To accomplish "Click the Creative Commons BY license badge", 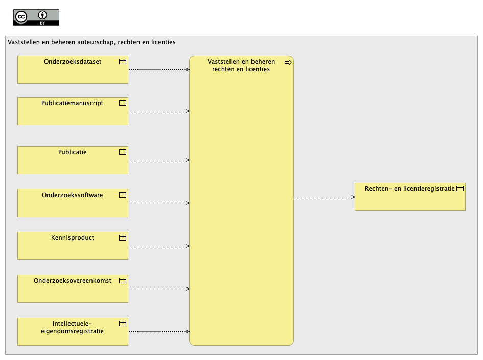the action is tap(36, 17).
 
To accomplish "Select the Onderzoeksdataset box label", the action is tap(73, 62).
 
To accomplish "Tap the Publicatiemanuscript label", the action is tap(73, 103).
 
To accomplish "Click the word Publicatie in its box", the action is tap(73, 152).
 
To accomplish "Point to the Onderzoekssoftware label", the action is tap(73, 195).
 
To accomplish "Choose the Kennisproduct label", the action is tap(73, 238).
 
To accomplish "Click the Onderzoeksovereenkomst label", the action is tap(73, 281).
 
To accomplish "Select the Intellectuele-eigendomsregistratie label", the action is tap(73, 327).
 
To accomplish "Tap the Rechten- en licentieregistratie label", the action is tap(410, 189).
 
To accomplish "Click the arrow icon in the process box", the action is tap(288, 63).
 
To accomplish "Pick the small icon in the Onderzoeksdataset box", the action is tap(123, 62).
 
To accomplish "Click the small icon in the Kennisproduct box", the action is tap(123, 238).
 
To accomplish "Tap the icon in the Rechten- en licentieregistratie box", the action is tap(460, 189).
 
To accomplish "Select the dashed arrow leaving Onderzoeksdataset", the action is tap(159, 70).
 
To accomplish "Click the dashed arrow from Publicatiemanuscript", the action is tap(159, 111).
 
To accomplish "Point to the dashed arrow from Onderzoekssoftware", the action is tap(159, 203).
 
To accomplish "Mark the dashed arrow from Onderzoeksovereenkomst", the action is tap(159, 289).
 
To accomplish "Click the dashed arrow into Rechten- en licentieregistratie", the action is tap(325, 197).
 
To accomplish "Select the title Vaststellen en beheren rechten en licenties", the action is tap(241, 65).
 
